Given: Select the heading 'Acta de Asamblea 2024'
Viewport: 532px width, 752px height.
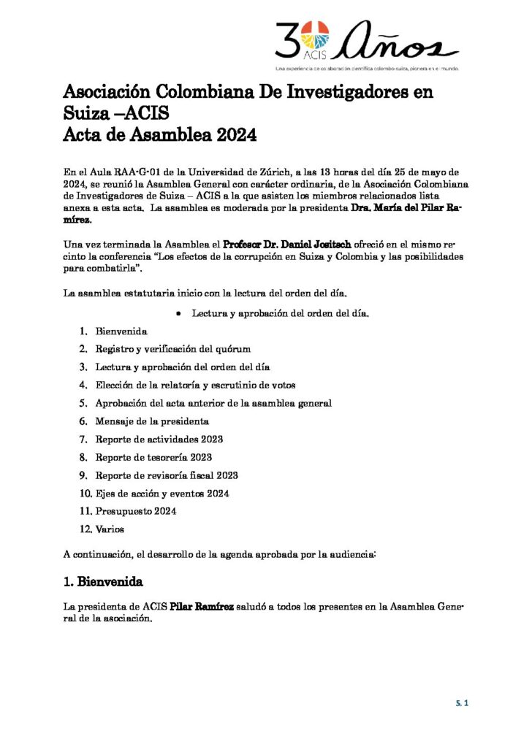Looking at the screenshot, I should pos(160,136).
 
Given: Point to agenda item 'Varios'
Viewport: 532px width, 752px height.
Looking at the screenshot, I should pos(110,529).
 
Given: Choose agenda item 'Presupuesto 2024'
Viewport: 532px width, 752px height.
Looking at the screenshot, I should pos(135,511).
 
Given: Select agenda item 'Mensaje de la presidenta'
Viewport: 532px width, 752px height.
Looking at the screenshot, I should pos(152,421).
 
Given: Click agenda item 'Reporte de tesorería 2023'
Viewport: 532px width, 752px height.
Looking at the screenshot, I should pos(153,457).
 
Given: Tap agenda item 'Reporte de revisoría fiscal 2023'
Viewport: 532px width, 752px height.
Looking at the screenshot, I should pos(167,475).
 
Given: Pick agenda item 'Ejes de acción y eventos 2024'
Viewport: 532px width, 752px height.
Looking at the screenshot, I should pos(162,494).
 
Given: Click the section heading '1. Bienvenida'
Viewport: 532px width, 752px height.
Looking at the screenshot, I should pos(103,583).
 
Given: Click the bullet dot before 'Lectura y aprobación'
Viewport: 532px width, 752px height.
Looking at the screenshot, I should pos(178,313).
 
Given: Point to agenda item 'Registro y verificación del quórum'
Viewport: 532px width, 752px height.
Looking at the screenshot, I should pos(173,349).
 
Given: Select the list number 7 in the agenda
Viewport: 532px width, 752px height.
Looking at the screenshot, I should pos(83,440).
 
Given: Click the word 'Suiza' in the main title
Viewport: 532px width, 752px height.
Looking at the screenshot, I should pos(84,114).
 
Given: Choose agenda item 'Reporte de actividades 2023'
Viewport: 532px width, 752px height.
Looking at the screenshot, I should pos(159,440).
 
